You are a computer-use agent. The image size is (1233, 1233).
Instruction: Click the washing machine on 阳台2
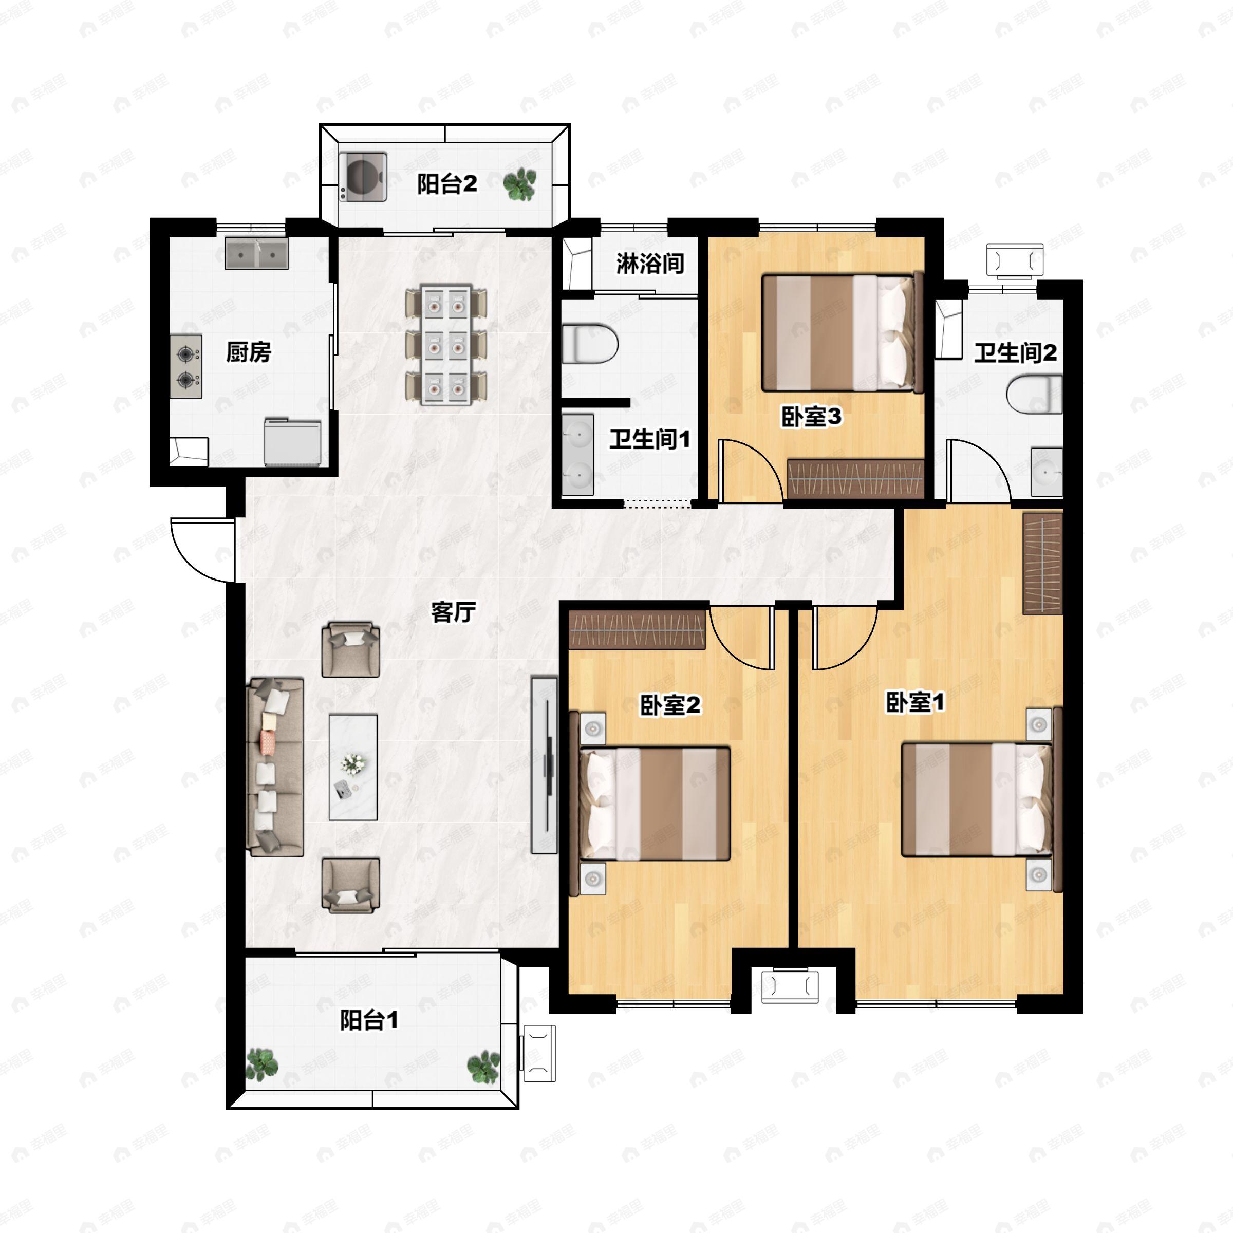coord(363,177)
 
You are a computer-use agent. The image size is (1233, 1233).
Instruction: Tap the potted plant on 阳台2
coord(519,184)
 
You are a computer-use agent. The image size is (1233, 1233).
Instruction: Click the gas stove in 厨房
coord(185,367)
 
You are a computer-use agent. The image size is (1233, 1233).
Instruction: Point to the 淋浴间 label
coord(650,264)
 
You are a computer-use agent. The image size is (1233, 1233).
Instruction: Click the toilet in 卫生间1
coord(590,344)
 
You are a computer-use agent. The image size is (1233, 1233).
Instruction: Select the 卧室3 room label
coord(811,417)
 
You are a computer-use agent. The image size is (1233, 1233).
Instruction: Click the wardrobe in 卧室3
coord(855,479)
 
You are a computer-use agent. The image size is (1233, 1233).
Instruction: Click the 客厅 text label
coord(453,612)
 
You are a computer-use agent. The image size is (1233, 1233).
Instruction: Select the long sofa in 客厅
coord(274,767)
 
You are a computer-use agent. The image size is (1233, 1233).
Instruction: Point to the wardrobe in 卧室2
coord(637,629)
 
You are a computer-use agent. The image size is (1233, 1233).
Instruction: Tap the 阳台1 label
coord(369,1020)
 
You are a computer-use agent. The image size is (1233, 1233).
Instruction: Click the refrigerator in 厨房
coord(292,442)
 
